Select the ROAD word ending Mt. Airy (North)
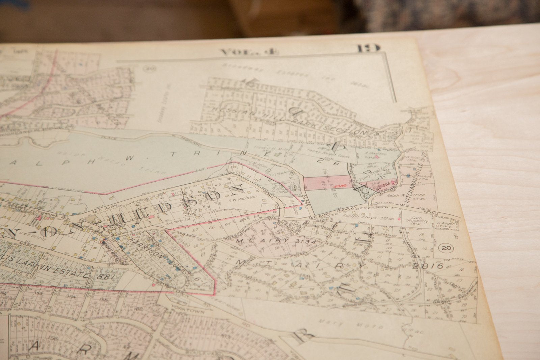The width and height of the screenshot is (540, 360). pos(431,213)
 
